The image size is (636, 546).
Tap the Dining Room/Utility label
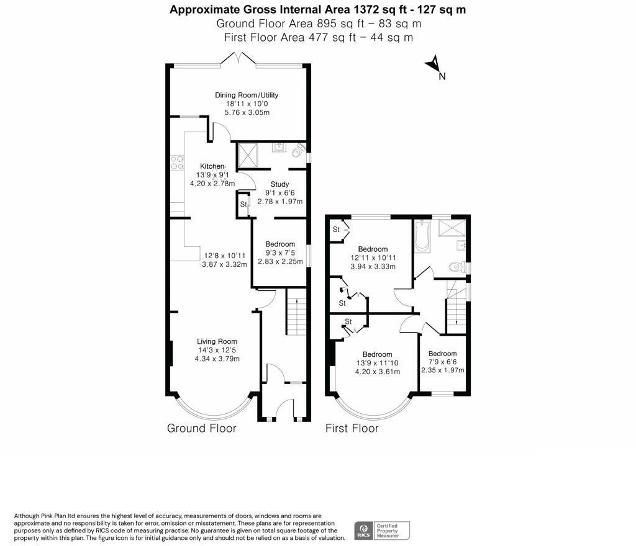pyautogui.click(x=247, y=95)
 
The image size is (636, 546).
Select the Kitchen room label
pyautogui.click(x=212, y=166)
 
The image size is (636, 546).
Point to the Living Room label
pyautogui.click(x=217, y=341)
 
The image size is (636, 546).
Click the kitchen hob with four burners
pyautogui.click(x=176, y=162)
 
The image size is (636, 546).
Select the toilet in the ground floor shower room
pyautogui.click(x=298, y=150)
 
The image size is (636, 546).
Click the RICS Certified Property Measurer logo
pyautogui.click(x=382, y=530)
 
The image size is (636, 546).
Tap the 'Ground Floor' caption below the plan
pyautogui.click(x=201, y=428)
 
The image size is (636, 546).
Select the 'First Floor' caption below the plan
pyautogui.click(x=352, y=428)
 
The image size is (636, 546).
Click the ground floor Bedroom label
pyautogui.click(x=280, y=244)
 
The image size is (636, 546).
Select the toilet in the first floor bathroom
pyautogui.click(x=455, y=267)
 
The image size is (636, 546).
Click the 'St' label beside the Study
pyautogui.click(x=243, y=204)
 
